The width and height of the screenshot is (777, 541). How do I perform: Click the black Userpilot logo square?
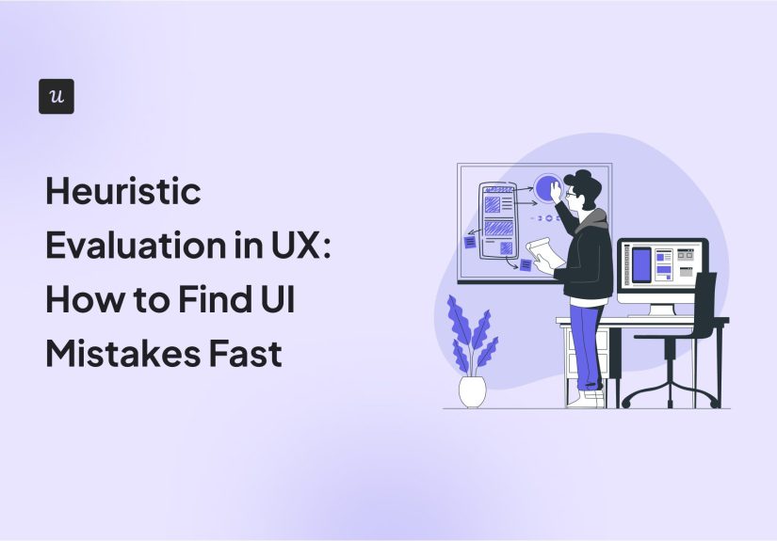click(57, 97)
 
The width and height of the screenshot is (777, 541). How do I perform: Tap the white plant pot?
click(472, 390)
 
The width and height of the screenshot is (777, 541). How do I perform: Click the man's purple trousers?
click(587, 339)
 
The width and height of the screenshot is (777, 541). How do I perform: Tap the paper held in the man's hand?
click(544, 252)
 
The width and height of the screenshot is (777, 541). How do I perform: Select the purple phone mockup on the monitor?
click(641, 264)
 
